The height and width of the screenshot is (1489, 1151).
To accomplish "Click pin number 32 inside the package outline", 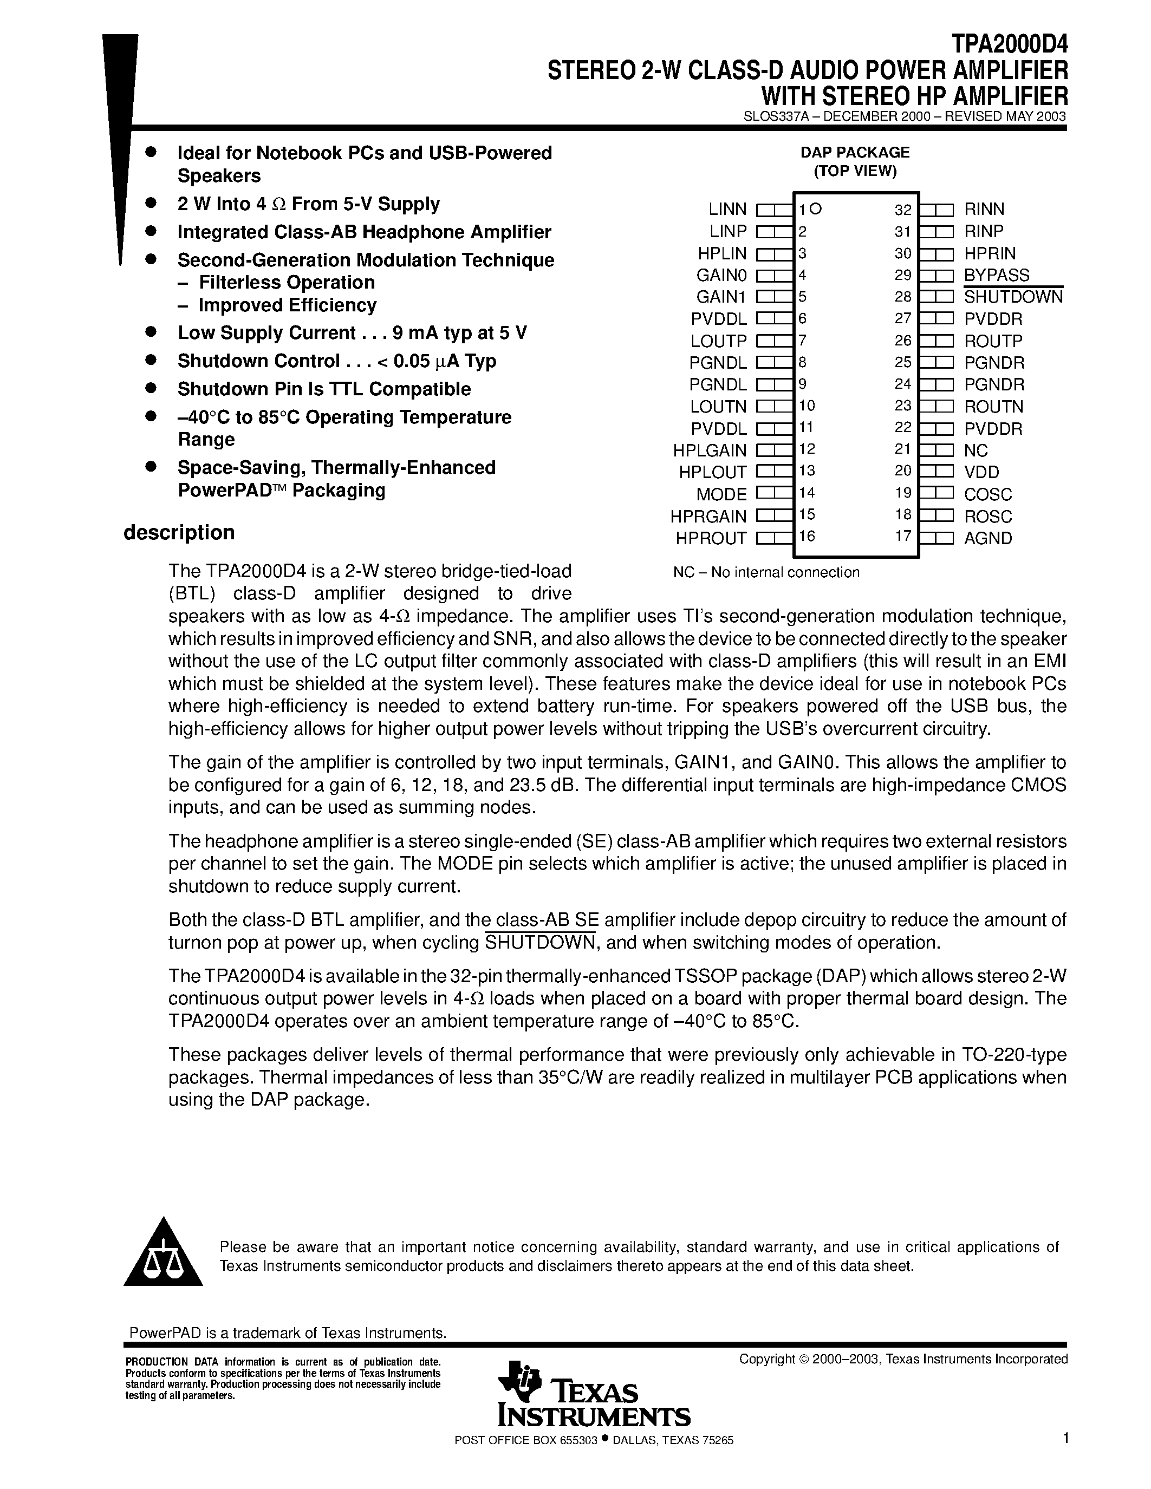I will coord(903,210).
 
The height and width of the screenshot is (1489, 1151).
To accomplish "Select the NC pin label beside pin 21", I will coord(976,450).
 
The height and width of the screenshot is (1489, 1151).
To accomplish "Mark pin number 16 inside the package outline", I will coord(808,537).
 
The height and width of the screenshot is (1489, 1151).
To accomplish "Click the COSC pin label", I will coord(988,494).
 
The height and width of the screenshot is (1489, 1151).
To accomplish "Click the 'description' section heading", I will coord(179,532).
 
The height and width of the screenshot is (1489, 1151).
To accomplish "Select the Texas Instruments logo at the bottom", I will coord(594,1397).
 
